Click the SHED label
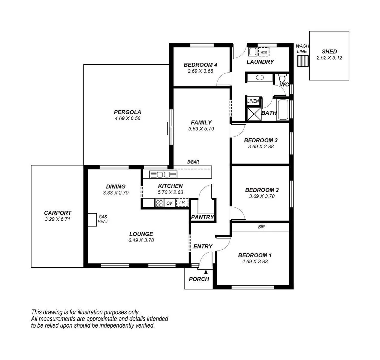click(x=329, y=52)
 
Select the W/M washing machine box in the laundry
click(x=264, y=52)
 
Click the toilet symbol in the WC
click(x=282, y=78)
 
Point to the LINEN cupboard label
click(x=253, y=101)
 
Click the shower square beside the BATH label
click(x=254, y=113)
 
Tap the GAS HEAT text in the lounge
click(x=103, y=219)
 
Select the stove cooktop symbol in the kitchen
click(x=159, y=203)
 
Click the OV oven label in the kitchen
click(x=169, y=203)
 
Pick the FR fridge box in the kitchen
click(x=182, y=202)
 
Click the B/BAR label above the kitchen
click(x=193, y=162)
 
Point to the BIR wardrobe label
click(x=261, y=227)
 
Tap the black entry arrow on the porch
click(x=206, y=272)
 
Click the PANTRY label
click(x=203, y=217)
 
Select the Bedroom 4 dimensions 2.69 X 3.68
click(x=200, y=71)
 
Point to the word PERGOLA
click(x=127, y=112)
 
